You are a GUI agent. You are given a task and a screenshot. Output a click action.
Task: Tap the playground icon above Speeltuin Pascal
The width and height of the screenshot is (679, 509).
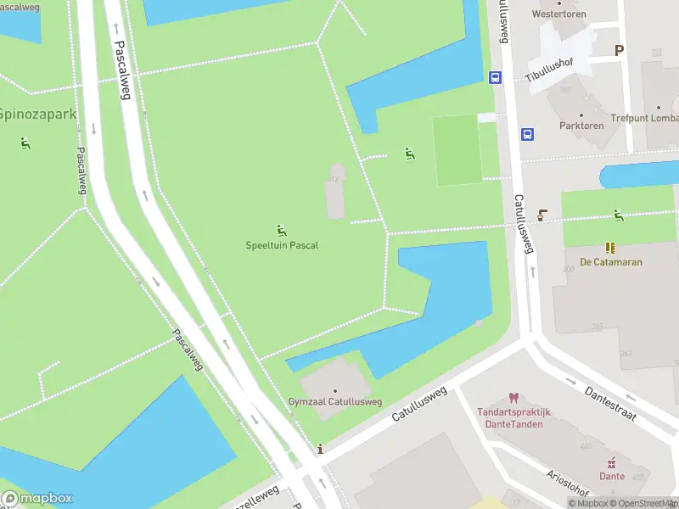281,231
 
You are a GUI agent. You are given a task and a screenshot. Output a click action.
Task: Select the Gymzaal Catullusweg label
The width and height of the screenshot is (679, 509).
334,401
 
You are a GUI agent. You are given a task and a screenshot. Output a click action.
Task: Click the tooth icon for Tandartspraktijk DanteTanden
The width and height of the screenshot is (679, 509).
513,398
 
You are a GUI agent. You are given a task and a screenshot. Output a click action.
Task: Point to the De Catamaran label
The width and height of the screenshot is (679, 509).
611,262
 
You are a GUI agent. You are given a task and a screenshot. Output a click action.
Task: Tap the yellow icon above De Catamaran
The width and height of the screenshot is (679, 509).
610,247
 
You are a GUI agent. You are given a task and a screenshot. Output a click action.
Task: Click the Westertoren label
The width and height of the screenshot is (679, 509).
559,14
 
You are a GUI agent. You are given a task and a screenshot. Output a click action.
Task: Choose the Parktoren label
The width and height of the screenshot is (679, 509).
581,126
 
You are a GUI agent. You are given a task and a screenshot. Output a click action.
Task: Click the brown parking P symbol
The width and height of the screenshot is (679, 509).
619,50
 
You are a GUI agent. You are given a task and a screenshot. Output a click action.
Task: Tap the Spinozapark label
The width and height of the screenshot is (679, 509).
37,114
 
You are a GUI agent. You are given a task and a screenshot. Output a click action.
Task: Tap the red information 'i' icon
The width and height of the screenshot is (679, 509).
319,449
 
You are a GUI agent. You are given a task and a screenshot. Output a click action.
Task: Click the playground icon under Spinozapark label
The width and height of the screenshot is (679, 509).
25,143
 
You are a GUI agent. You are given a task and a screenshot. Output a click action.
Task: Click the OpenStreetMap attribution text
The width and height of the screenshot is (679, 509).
643,503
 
